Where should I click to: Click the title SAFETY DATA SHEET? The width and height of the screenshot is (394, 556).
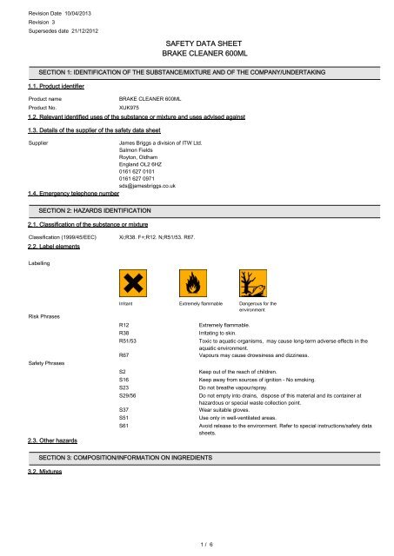[x=197, y=41]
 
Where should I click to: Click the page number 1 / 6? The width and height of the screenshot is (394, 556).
[x=197, y=543]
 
